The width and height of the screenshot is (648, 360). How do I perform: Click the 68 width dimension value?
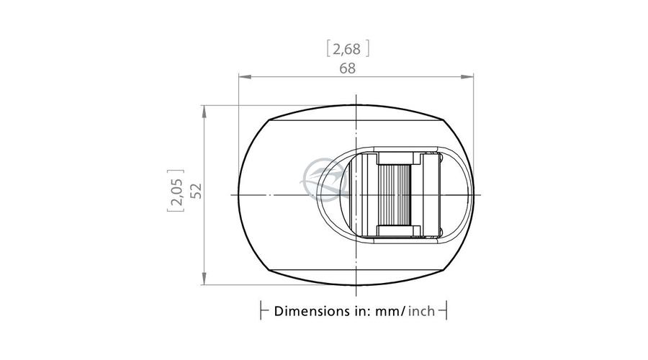coord(347,68)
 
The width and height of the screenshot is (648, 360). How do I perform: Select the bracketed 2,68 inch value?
coord(348,49)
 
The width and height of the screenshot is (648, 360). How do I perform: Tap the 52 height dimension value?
coord(197,191)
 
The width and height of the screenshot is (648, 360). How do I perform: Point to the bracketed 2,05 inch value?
coord(176,191)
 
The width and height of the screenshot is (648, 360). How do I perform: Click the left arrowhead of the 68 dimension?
coord(245,76)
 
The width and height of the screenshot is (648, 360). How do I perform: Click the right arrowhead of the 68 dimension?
coord(467,76)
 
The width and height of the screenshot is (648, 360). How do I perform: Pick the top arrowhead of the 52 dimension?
coord(204,112)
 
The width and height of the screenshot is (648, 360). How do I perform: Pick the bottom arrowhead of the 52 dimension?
coord(204,279)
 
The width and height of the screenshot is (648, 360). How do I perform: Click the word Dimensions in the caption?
coord(312,311)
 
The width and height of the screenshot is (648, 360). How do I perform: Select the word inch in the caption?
coord(421,311)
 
